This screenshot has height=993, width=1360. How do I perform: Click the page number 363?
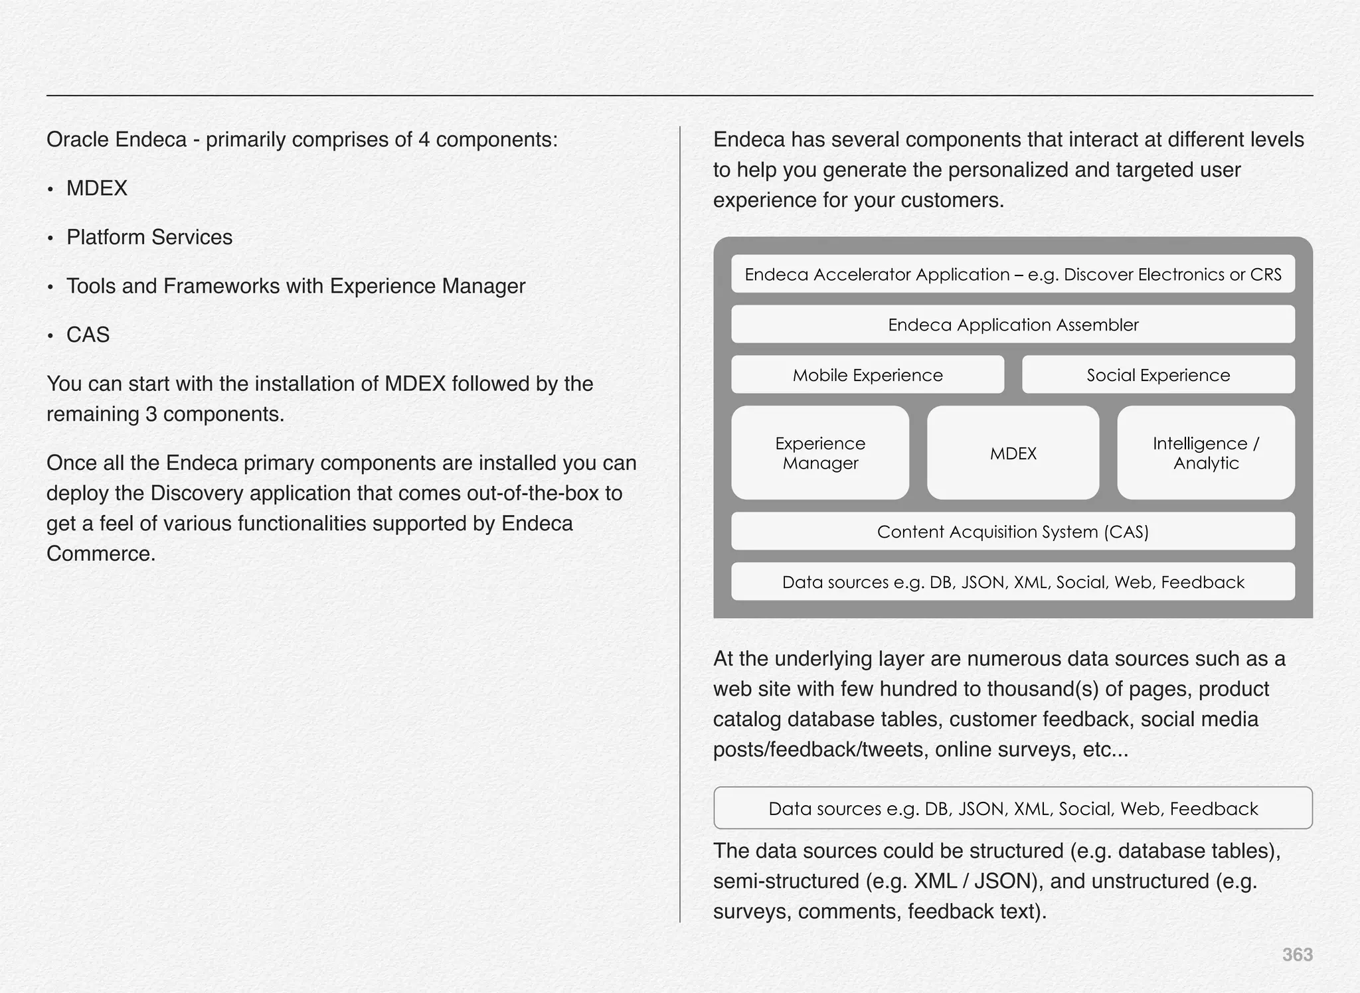(1297, 955)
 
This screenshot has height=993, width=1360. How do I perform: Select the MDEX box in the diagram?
(1013, 453)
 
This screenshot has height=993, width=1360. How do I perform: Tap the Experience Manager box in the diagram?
(820, 453)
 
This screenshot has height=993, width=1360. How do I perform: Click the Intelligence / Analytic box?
(1205, 453)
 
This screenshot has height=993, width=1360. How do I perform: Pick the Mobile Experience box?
(867, 375)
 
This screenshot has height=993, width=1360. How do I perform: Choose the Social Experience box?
(1157, 375)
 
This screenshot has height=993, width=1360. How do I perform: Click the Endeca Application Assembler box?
(1013, 325)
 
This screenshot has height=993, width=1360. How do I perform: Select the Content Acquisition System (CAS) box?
(1013, 532)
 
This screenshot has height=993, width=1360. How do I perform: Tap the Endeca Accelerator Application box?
(1013, 274)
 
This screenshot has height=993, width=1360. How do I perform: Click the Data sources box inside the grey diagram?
(1013, 582)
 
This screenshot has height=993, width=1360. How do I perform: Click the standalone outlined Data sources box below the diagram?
(1013, 808)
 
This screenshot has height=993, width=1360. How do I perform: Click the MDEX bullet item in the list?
(97, 189)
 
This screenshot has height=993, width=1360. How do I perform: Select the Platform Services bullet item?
(149, 238)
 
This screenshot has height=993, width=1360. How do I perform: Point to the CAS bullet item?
(88, 335)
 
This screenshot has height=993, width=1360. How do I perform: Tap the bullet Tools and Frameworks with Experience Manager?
(296, 286)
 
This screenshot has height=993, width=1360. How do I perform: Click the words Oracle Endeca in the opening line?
(117, 140)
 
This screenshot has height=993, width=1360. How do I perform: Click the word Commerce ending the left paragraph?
(100, 554)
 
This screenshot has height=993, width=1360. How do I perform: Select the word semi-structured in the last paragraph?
(786, 881)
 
